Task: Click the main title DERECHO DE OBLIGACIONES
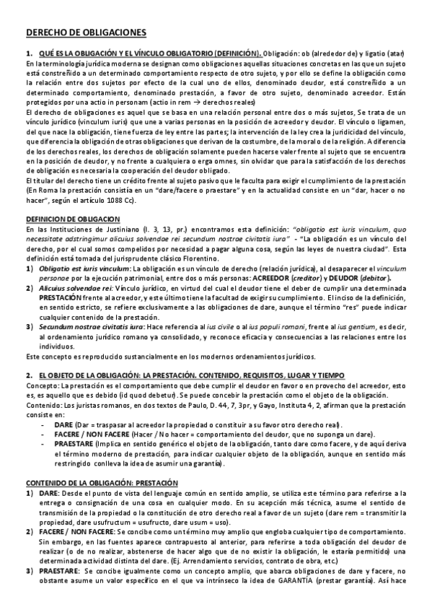[86, 32]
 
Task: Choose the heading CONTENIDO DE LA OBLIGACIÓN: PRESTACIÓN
[102, 481]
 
